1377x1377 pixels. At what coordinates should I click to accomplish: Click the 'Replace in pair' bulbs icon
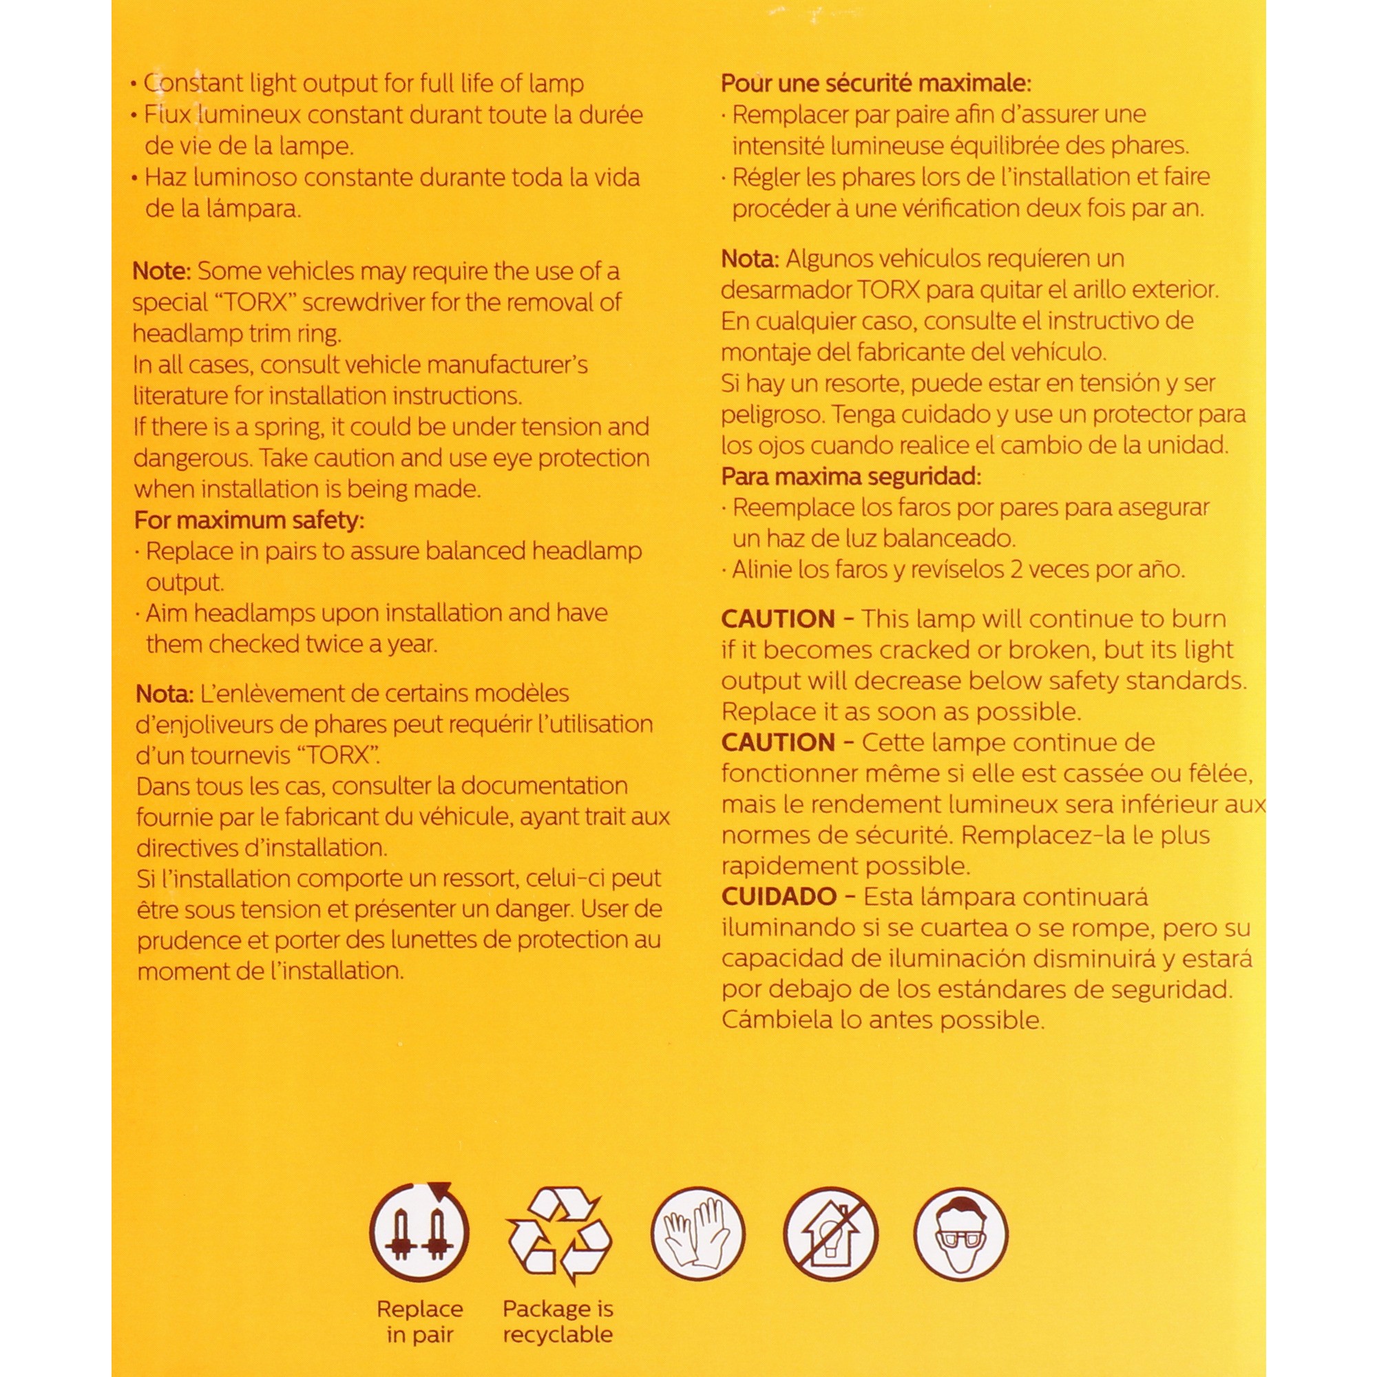click(x=419, y=1233)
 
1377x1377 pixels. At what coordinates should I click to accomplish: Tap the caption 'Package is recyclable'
click(x=558, y=1321)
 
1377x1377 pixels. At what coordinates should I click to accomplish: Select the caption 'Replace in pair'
click(x=419, y=1321)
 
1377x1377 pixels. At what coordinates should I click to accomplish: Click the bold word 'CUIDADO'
click(x=778, y=896)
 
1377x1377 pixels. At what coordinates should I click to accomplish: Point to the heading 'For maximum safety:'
click(x=249, y=521)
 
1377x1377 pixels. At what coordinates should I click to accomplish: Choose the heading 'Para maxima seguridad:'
click(x=851, y=476)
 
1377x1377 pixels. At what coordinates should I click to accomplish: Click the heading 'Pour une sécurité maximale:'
click(x=876, y=83)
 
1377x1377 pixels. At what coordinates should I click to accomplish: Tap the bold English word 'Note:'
click(x=162, y=271)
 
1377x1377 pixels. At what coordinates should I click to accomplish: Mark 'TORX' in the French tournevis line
click(x=338, y=755)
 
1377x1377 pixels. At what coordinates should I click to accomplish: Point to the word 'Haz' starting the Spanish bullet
click(x=165, y=178)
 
